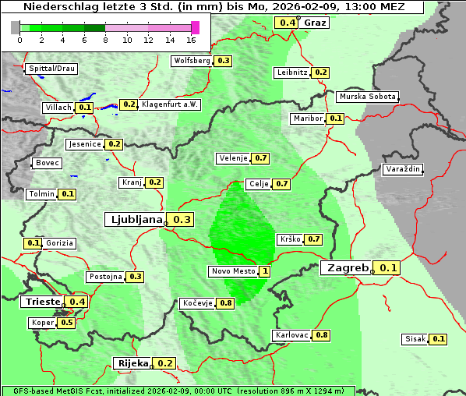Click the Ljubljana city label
click(134, 220)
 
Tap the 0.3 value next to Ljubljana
click(182, 220)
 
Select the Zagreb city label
click(347, 268)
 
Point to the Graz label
click(315, 23)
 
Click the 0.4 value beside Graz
click(287, 23)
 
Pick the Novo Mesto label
click(232, 271)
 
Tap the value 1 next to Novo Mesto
click(265, 271)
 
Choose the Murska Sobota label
click(367, 97)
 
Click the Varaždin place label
click(403, 169)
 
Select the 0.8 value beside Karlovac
click(322, 335)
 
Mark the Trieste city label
click(42, 302)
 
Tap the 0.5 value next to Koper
click(67, 323)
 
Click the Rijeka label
click(132, 363)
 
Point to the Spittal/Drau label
click(51, 69)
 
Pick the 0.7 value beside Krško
click(313, 239)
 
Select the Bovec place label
click(47, 163)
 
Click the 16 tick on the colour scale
click(191, 40)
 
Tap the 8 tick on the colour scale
click(105, 40)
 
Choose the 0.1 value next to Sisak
click(439, 339)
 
